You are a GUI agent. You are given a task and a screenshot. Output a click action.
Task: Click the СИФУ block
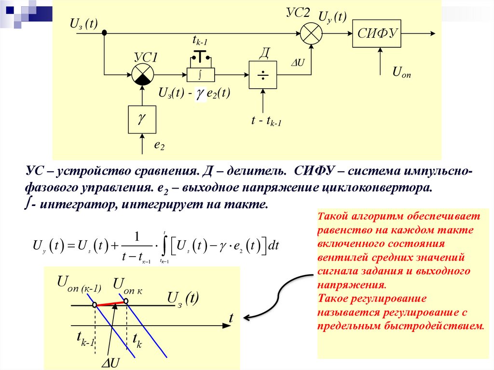coord(377,34)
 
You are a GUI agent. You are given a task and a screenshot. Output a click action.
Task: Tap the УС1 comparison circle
coord(142,75)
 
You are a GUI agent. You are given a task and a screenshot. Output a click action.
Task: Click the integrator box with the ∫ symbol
coord(200,74)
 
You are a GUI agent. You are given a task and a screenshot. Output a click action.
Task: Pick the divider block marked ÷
coord(263,75)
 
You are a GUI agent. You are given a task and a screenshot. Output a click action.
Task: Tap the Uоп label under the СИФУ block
coord(401,73)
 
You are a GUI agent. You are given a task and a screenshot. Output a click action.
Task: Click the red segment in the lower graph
coord(110,303)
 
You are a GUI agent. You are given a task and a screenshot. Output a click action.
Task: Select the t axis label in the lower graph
coord(231,318)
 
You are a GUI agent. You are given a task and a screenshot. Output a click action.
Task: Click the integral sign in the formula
coord(165,246)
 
